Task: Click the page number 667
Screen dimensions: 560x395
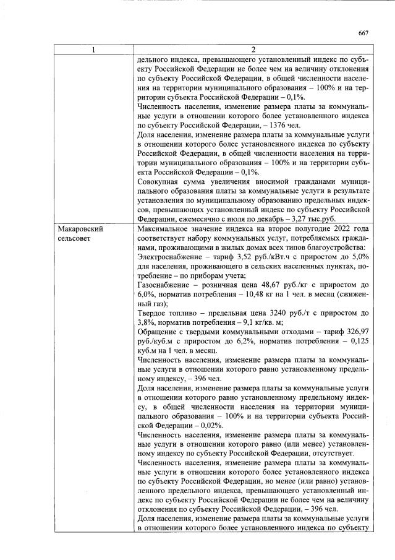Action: coord(363,33)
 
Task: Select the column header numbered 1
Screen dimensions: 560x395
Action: coord(93,50)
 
